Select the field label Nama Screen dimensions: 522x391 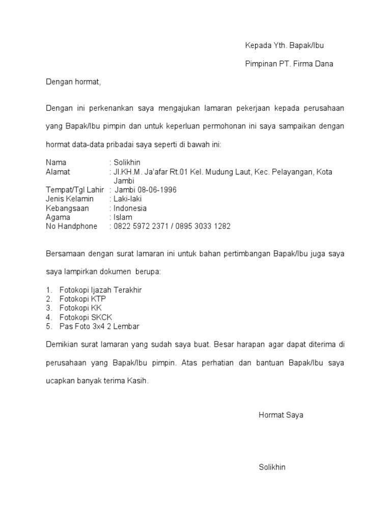click(x=56, y=163)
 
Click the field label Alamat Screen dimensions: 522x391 click(x=58, y=172)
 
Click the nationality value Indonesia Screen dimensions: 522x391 click(x=130, y=208)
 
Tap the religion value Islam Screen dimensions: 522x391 click(x=123, y=218)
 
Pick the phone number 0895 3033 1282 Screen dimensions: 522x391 click(x=204, y=227)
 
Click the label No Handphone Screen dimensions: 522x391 click(x=71, y=227)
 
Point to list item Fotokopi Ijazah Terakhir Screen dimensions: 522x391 click(x=100, y=290)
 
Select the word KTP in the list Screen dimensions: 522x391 click(x=97, y=299)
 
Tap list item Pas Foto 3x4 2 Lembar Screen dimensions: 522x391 click(x=99, y=327)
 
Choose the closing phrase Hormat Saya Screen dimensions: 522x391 click(x=281, y=415)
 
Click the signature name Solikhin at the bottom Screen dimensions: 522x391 click(x=272, y=467)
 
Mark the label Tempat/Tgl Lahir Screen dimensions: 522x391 click(x=75, y=190)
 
